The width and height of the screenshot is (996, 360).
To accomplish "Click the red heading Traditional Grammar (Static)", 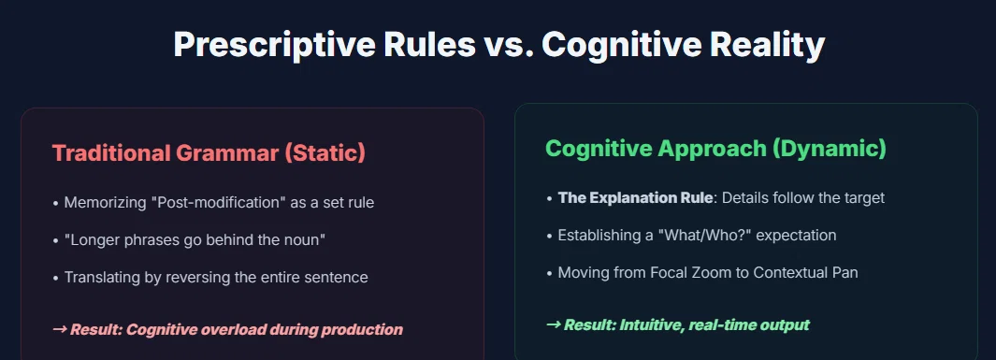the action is pos(209,153).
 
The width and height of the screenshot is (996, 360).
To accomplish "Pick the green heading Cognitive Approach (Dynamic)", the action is pos(715,149).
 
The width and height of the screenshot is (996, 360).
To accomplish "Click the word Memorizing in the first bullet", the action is pos(106,203).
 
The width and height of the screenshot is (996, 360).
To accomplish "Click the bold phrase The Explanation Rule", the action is pos(635,197).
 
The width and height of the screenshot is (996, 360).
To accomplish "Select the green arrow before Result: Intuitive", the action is pos(553,325).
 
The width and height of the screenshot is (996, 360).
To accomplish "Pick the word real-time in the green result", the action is pos(728,325).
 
